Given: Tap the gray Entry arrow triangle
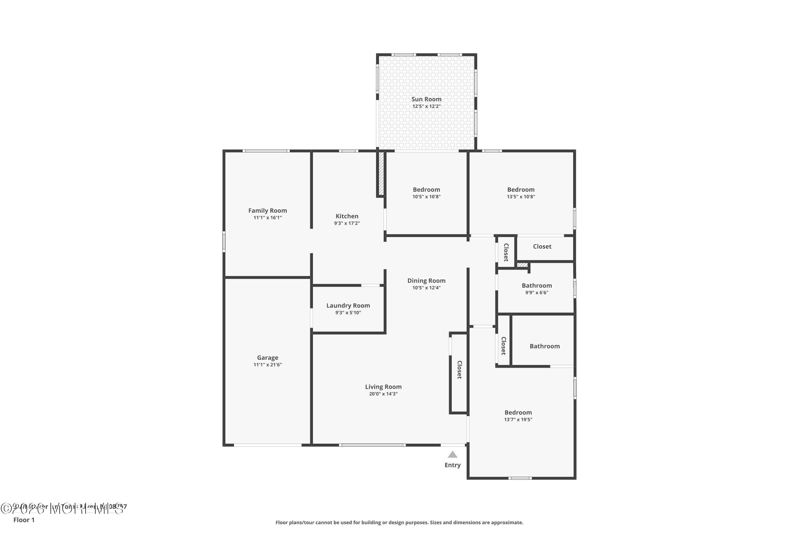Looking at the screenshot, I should click(x=452, y=454).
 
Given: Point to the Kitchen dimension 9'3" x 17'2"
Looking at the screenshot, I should click(x=347, y=223).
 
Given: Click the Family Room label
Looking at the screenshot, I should click(x=267, y=211).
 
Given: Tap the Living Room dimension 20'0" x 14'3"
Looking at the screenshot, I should click(x=383, y=394).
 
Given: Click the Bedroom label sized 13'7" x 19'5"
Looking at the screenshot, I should click(x=518, y=413).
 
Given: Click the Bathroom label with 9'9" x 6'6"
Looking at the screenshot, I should click(x=536, y=285).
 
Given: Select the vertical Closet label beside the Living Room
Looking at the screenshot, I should click(x=459, y=370).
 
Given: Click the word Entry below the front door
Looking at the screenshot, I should click(x=452, y=465).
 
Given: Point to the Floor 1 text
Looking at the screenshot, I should click(x=24, y=520).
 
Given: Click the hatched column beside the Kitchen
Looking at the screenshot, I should click(x=381, y=173).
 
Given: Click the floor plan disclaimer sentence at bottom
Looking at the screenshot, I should click(x=399, y=522).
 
